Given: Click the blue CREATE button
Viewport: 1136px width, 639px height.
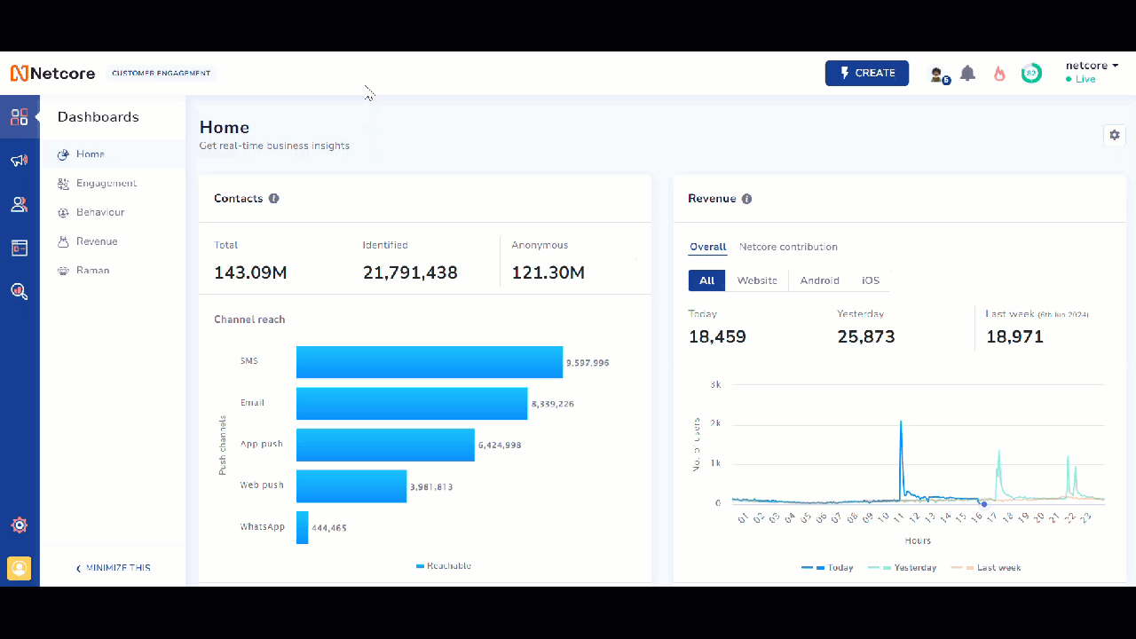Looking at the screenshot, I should pos(866,73).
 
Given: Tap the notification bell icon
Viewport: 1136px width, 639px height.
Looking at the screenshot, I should pos(967,74).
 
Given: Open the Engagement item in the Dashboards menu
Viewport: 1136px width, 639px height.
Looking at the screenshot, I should pos(106,184).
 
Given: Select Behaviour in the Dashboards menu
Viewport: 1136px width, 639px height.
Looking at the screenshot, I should pos(99,213).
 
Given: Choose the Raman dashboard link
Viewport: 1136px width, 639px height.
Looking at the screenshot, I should pos(92,271).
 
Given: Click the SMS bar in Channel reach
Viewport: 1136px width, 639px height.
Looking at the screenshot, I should pos(430,362).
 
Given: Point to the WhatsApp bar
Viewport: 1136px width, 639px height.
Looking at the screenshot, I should pos(303,527).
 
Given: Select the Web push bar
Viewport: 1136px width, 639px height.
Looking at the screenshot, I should pos(351,486).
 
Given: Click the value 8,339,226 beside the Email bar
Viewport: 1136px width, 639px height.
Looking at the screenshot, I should pos(552,404).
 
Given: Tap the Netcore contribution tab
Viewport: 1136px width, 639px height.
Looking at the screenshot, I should pos(788,247).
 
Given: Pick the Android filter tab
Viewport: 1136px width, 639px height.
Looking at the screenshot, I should pos(819,280).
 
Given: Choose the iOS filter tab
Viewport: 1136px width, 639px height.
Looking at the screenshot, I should pos(871,280).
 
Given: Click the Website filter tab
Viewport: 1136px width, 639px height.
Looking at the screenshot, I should pos(757,280).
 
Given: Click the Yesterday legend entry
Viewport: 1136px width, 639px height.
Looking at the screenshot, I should pos(914,567).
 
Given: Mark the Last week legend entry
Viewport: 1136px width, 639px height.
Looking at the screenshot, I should pos(998,567).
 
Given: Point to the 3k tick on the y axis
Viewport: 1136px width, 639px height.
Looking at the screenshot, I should pos(715,384).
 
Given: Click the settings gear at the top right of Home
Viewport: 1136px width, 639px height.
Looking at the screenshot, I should pos(1115,135).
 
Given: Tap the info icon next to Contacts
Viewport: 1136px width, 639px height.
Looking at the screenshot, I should pos(274,199).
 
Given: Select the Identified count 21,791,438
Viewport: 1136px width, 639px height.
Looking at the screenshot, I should pos(410,272).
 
